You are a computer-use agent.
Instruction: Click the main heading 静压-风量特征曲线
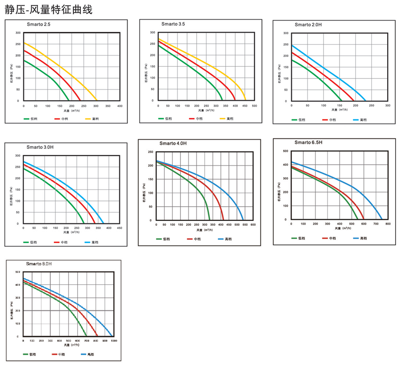[x=48, y=10]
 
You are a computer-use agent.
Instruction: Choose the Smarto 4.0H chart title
[x=173, y=143]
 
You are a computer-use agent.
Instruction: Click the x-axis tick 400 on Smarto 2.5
[x=120, y=106]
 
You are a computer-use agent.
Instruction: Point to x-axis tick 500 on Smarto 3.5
[x=254, y=106]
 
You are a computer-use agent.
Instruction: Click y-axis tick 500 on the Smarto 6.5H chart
[x=285, y=151]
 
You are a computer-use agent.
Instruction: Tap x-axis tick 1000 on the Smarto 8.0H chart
[x=114, y=341]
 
